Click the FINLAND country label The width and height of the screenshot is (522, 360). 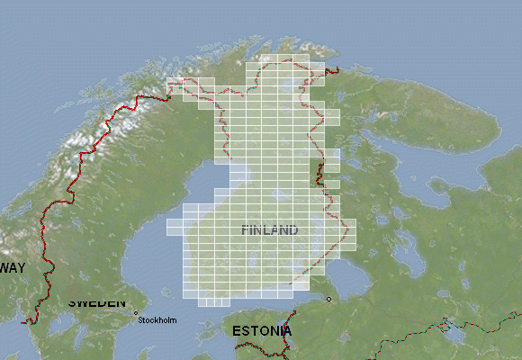click(270, 230)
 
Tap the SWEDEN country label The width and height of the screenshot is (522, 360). click(97, 302)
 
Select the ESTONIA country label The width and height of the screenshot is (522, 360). click(262, 331)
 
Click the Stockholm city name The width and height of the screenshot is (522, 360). click(157, 320)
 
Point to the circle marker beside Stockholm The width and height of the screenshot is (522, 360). click(136, 313)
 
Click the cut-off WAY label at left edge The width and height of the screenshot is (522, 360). click(13, 267)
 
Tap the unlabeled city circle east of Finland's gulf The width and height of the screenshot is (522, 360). click(328, 299)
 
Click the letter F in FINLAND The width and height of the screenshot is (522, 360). click(246, 230)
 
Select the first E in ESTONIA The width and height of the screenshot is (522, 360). click(237, 331)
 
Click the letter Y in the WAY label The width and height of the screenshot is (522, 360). click(21, 267)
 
